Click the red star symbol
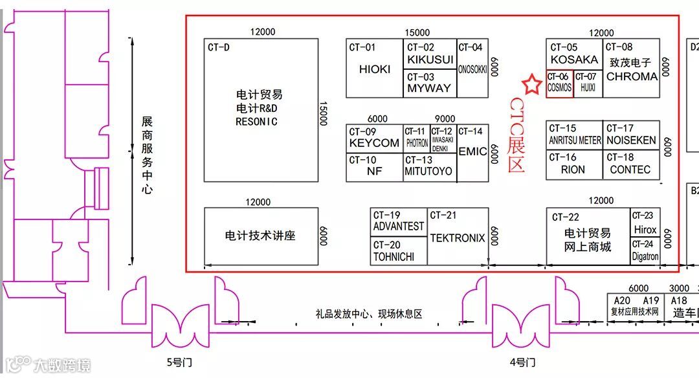point(531,85)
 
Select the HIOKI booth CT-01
point(375,69)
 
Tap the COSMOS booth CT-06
point(560,84)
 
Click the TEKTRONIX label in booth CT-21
point(458,238)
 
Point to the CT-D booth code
point(219,47)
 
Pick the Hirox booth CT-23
point(645,223)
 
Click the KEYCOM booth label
point(374,143)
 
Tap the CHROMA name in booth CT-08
point(632,76)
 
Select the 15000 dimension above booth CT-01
point(417,32)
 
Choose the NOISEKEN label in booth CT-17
point(631,140)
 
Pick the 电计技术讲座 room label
point(260,236)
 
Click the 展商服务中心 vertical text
point(148,155)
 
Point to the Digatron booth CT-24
point(645,251)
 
